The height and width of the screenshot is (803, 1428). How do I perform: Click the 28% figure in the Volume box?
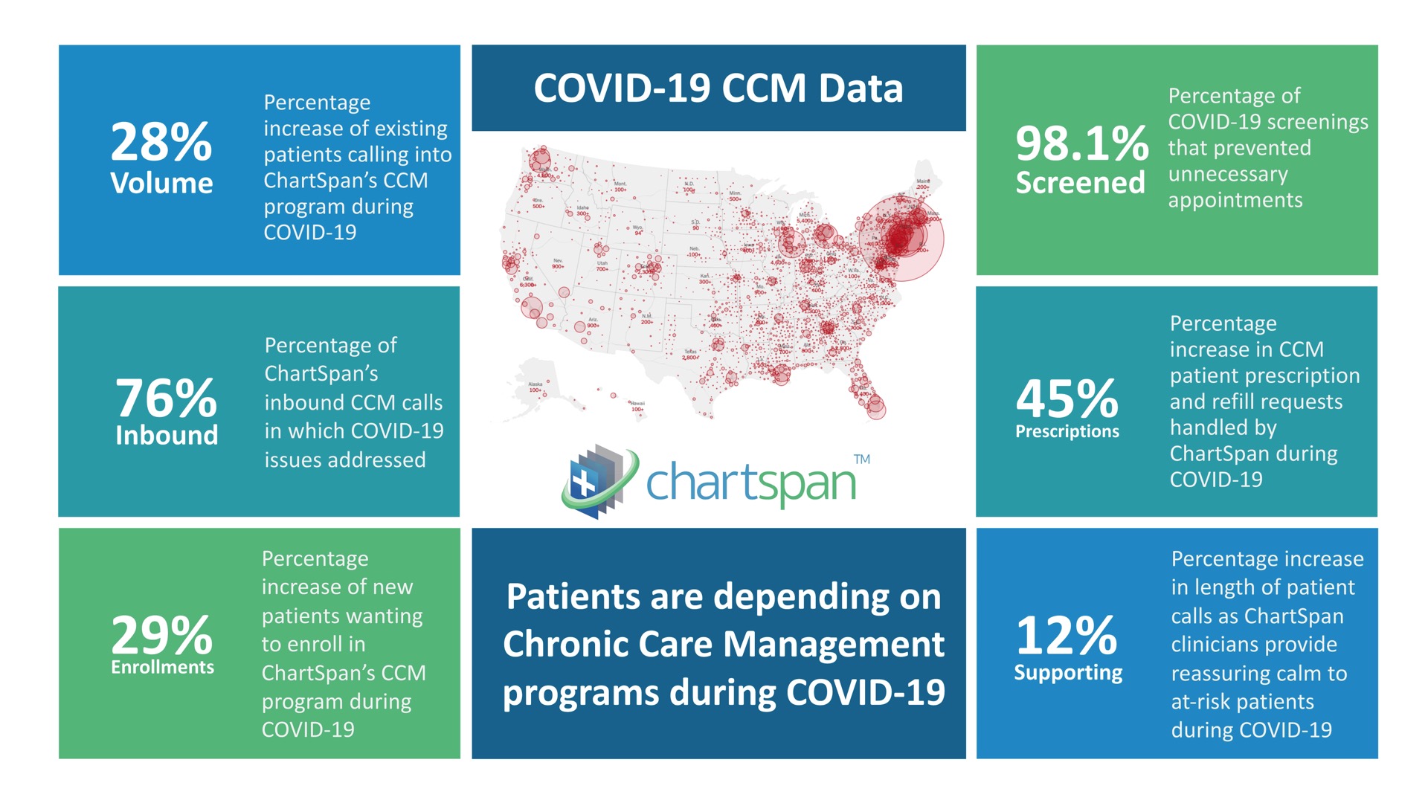[x=161, y=142]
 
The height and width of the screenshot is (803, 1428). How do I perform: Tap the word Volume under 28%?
[x=161, y=183]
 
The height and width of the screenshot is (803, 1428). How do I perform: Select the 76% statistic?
[x=166, y=399]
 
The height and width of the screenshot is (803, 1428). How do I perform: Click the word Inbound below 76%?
[x=167, y=435]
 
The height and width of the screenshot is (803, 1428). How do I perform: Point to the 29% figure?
[x=162, y=635]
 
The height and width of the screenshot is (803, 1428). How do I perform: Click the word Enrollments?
[x=162, y=667]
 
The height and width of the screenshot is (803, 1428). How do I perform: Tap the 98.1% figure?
[x=1082, y=143]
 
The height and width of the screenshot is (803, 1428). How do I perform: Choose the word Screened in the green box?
[x=1080, y=183]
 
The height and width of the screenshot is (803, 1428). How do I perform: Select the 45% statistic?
[x=1067, y=399]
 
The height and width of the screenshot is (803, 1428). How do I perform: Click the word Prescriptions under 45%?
[x=1067, y=431]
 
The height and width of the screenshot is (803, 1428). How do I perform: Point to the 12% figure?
[x=1067, y=635]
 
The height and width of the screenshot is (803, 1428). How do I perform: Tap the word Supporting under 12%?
[x=1068, y=672]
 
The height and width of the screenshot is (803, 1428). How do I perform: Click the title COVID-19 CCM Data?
[x=718, y=88]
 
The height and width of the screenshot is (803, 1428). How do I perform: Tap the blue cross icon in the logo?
[x=584, y=484]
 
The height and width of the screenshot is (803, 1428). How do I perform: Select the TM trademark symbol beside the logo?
[x=861, y=459]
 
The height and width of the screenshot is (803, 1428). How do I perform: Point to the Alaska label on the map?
[x=535, y=384]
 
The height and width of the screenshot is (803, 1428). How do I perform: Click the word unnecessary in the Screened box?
[x=1227, y=174]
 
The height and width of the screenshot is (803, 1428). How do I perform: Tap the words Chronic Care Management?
[x=723, y=644]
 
